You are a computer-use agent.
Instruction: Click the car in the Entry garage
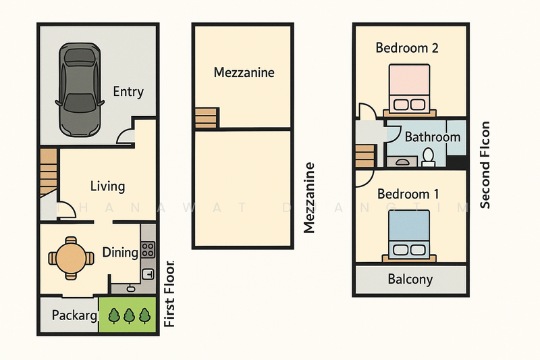(80, 88)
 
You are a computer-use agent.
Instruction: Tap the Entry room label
(128, 92)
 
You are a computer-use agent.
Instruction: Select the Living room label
(107, 186)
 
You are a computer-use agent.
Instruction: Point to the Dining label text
(120, 253)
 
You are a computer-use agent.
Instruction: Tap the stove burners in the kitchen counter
(148, 249)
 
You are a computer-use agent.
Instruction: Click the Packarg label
(75, 315)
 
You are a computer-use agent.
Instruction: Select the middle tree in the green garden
(128, 315)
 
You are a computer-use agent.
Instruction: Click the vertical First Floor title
(169, 294)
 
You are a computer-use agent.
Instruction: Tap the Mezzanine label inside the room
(244, 72)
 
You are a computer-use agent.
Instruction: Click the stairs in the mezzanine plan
(207, 118)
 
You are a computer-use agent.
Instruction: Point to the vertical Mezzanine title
(310, 198)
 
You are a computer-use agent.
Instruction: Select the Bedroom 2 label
(407, 48)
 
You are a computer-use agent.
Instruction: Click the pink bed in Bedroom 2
(410, 88)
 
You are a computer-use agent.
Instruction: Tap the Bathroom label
(432, 137)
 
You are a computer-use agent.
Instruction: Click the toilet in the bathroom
(427, 157)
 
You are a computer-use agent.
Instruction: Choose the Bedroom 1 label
(408, 195)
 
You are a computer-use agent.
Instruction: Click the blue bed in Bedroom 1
(410, 234)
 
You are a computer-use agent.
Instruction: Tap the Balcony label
(410, 279)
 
